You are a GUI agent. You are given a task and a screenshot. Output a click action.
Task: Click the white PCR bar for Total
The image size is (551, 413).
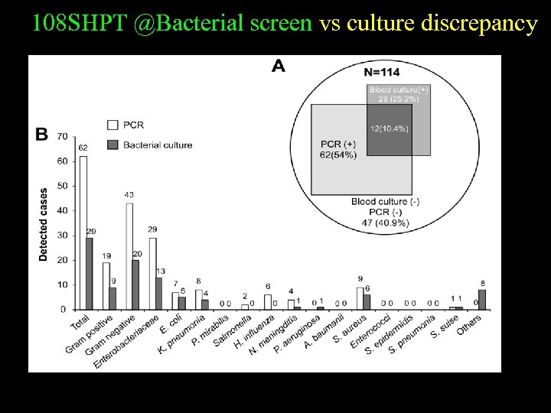click(83, 233)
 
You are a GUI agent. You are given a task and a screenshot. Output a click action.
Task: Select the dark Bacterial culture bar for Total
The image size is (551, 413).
click(90, 274)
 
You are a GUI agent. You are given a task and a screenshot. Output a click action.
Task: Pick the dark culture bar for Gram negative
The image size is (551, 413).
click(136, 285)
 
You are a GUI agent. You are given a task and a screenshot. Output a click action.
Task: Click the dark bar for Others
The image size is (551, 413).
click(481, 300)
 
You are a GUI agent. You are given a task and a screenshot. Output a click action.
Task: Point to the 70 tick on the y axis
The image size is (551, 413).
click(63, 137)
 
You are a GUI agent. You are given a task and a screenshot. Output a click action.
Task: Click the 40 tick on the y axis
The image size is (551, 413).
click(63, 210)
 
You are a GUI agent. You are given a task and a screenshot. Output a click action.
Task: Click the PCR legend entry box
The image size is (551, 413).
click(112, 125)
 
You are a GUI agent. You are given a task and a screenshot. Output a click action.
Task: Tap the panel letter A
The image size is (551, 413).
click(279, 67)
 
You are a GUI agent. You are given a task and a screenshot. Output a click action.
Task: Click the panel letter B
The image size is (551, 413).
click(42, 135)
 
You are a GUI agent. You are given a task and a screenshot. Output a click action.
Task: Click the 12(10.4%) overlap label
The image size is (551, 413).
click(389, 128)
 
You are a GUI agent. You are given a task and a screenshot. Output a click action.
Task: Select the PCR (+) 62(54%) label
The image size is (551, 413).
click(338, 149)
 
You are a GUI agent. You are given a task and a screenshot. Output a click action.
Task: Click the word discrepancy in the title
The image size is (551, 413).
click(490, 24)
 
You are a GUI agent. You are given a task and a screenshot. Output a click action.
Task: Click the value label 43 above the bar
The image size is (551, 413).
click(129, 195)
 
